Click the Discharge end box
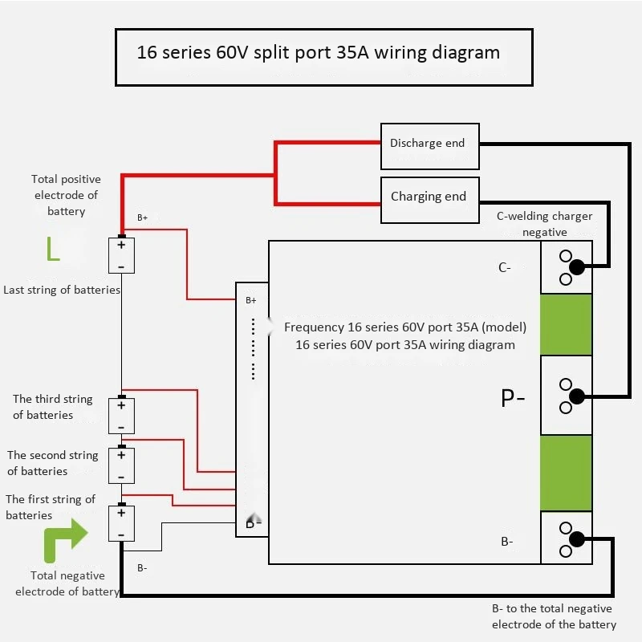click(429, 145)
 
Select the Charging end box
click(429, 199)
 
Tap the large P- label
click(513, 398)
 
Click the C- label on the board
click(505, 268)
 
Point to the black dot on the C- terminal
click(577, 266)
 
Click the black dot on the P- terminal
click(576, 396)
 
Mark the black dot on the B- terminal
click(576, 538)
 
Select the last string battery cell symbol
click(121, 255)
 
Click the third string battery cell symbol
click(121, 415)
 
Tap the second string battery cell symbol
click(121, 465)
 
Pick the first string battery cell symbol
click(121, 523)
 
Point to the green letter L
click(52, 250)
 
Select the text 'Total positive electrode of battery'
click(65, 195)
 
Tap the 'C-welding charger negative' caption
click(545, 224)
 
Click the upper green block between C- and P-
click(566, 324)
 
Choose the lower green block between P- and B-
click(566, 473)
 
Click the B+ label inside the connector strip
click(250, 301)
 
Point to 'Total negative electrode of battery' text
click(67, 583)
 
